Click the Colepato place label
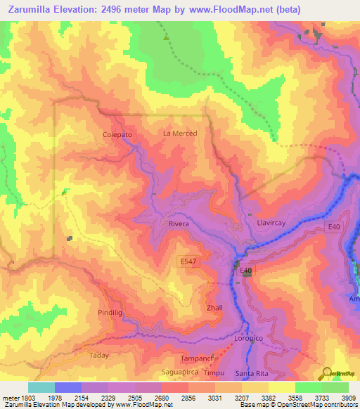[117, 134]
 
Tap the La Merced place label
[180, 133]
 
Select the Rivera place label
[179, 223]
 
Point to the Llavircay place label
[264, 223]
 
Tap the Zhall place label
[214, 308]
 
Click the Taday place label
[99, 356]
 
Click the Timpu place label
[214, 373]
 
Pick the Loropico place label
[247, 339]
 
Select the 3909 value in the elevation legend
[349, 398]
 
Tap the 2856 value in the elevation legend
[187, 398]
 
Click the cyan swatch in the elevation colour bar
[41, 387]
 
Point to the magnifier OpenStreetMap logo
[328, 372]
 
